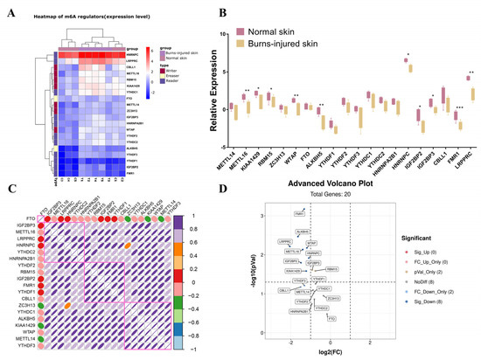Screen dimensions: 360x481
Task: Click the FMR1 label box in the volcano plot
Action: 300,238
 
